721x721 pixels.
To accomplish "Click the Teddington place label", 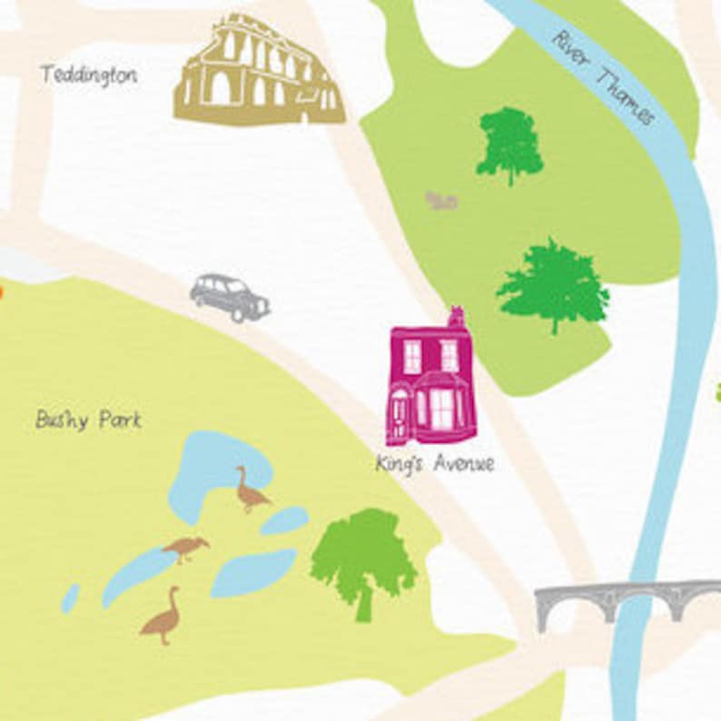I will tap(88, 74).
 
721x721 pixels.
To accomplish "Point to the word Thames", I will tap(626, 96).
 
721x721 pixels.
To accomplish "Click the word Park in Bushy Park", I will tap(120, 420).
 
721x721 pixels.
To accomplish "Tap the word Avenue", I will tap(463, 464).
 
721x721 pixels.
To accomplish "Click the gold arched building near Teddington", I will tap(258, 73).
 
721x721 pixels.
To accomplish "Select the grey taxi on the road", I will tap(230, 297).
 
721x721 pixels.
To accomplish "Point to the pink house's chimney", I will tap(456, 317).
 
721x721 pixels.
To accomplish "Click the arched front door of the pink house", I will tap(400, 417).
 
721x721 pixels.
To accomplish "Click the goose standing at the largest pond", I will tap(249, 491).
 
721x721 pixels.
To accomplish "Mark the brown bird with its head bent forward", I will tap(185, 548).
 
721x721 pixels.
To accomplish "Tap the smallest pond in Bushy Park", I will tap(70, 598).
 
